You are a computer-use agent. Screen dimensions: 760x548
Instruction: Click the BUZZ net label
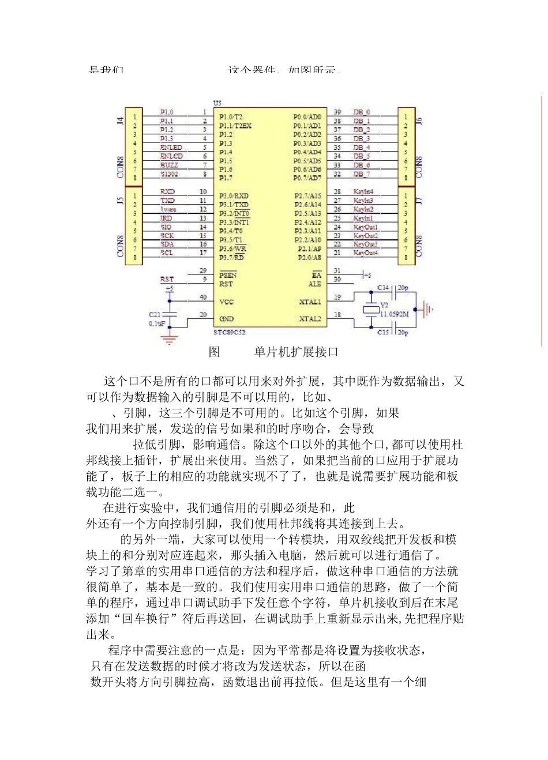click(x=169, y=165)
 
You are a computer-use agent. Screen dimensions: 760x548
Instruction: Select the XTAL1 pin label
click(x=310, y=302)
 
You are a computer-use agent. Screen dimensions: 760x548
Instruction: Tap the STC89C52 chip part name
click(x=229, y=332)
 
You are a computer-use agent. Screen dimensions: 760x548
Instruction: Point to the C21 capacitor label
click(x=155, y=315)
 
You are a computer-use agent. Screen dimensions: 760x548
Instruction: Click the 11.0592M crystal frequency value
click(x=395, y=314)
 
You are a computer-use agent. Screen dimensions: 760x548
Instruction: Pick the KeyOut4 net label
click(x=366, y=253)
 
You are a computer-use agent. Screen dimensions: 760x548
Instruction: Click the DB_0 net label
click(x=362, y=112)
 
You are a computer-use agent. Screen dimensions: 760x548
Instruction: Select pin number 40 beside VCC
click(x=203, y=298)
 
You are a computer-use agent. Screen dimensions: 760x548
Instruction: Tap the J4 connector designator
click(x=120, y=121)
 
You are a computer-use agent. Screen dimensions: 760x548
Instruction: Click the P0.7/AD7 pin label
click(x=307, y=178)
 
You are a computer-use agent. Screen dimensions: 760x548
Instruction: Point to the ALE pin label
click(x=315, y=284)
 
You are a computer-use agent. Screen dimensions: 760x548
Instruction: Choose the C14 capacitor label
click(x=384, y=288)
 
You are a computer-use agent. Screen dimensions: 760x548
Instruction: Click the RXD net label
click(x=167, y=191)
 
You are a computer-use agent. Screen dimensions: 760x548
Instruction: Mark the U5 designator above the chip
click(x=217, y=103)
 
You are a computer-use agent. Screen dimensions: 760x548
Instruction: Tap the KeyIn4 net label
click(x=363, y=191)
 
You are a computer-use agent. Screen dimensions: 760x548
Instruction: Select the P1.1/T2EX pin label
click(x=235, y=126)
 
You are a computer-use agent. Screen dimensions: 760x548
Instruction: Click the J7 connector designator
click(x=419, y=200)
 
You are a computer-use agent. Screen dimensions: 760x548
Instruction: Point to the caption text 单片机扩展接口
click(x=296, y=352)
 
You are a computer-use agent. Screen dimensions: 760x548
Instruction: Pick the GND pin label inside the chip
click(x=227, y=319)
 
